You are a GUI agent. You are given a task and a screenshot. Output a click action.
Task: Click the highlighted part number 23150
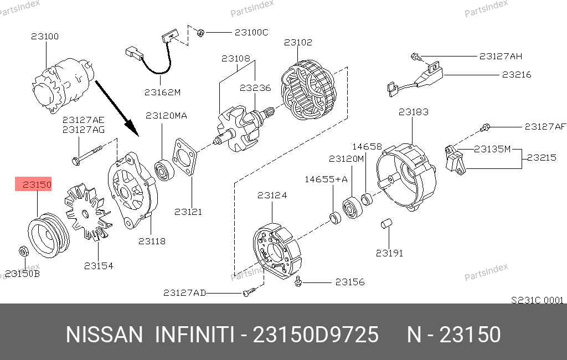[37, 185]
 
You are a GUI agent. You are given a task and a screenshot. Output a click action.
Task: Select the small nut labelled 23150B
[23, 251]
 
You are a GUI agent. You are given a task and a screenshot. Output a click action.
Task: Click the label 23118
[152, 241]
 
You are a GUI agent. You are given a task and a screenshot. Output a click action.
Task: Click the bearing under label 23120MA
[164, 169]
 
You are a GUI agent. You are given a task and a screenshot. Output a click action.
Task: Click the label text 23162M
[162, 92]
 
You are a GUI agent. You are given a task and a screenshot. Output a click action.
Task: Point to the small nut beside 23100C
[200, 33]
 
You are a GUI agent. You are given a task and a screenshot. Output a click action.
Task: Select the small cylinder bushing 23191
[386, 224]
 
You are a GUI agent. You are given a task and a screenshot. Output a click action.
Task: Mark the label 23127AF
[545, 127]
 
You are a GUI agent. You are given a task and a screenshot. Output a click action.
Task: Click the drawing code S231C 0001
[537, 300]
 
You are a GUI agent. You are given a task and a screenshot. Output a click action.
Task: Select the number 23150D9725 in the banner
[316, 335]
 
